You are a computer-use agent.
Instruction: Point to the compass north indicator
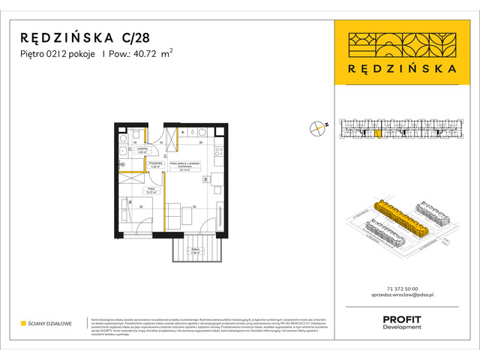(x=318, y=127)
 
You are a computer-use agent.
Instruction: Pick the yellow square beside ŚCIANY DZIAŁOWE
(x=23, y=323)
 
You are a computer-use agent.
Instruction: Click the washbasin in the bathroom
(x=138, y=134)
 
